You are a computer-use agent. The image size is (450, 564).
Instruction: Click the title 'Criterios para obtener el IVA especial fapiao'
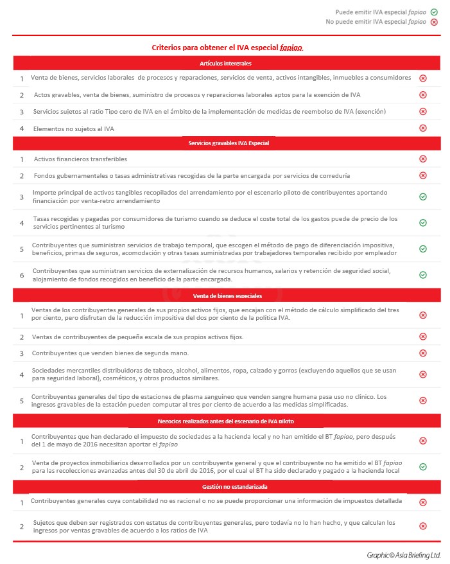point(227,48)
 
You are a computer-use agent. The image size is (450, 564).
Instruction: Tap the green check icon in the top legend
point(434,12)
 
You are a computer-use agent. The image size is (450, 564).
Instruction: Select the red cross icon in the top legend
point(434,22)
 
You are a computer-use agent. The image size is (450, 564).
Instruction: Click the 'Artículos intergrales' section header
point(226,64)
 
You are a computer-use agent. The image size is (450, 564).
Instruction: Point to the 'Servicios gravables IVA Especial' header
point(226,143)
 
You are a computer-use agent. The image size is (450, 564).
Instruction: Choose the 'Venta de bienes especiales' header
point(226,296)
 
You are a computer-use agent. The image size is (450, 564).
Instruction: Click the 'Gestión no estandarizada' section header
point(226,488)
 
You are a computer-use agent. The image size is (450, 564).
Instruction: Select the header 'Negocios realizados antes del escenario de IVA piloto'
point(226,421)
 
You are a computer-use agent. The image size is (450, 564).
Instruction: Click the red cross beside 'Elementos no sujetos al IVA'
point(423,128)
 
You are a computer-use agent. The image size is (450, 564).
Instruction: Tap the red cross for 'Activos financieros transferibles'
point(423,159)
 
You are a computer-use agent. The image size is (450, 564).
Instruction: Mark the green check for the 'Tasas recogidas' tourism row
point(423,222)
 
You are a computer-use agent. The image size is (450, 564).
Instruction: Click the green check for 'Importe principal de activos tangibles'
point(423,197)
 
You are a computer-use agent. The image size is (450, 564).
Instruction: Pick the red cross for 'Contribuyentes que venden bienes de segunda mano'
point(423,353)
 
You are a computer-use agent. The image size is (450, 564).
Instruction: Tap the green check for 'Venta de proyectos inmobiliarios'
point(423,466)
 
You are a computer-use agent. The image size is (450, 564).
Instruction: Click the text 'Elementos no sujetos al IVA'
point(74,128)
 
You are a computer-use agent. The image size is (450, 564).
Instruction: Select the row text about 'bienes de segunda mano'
point(110,353)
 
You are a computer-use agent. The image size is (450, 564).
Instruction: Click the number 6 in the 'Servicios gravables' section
point(21,275)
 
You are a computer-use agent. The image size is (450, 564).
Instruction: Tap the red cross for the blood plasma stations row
point(423,400)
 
